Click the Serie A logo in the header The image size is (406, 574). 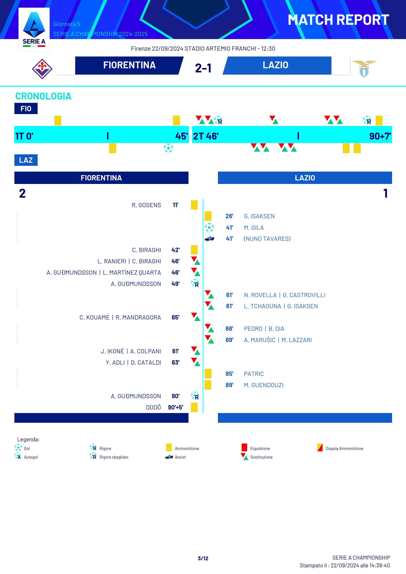pos(34,29)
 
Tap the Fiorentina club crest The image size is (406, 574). pos(42,69)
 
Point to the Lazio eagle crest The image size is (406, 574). pos(364,68)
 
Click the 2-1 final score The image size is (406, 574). pos(203,68)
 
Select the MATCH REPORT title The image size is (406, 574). pos(338,20)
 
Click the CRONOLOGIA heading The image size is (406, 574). pos(43,96)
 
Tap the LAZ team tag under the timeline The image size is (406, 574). pos(26,160)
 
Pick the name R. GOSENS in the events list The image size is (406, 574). pos(146,205)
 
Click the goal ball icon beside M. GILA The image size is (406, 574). pos(209,228)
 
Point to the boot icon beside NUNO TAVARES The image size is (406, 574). pos(209,239)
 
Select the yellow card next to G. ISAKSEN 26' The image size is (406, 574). pos(208,216)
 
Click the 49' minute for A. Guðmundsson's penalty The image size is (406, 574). pos(175,284)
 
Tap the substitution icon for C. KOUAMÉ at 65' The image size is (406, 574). pos(195,317)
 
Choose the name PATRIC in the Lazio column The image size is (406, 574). pos(254,374)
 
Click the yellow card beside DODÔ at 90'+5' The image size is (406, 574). pos(194,407)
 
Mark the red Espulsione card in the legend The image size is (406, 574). pos(244,447)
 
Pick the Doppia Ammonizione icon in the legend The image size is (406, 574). pos(320,447)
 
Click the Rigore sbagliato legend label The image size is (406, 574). pos(114,457)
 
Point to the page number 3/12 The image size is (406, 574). pos(203,558)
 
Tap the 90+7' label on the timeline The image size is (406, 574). pos(380,136)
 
